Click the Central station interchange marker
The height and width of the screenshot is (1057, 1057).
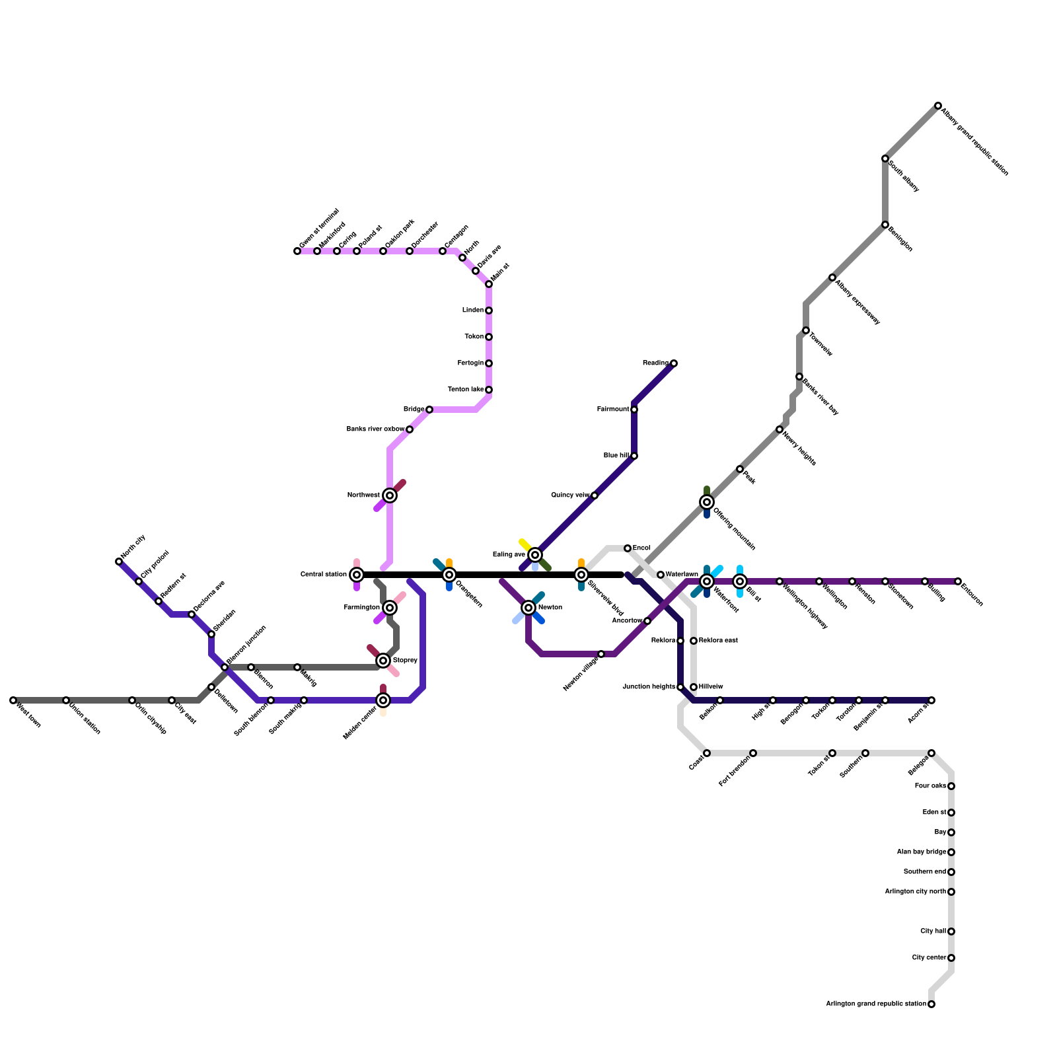[x=357, y=575]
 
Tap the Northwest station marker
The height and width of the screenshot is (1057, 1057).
[x=390, y=495]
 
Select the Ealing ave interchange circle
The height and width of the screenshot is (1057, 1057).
[x=535, y=555]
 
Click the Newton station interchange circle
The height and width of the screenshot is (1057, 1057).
[x=528, y=608]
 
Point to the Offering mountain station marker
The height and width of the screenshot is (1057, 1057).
[x=707, y=502]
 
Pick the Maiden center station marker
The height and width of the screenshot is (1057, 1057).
[x=383, y=700]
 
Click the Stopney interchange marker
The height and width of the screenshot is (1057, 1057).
[x=383, y=661]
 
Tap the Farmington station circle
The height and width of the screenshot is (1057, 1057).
[x=390, y=608]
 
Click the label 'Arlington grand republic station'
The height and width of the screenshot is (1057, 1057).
[x=876, y=1004]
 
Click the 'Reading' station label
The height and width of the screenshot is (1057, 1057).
[x=655, y=363]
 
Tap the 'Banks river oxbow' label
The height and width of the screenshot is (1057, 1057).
[x=375, y=429]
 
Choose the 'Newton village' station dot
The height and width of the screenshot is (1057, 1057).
[x=601, y=654]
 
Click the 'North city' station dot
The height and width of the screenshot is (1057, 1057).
[x=119, y=562]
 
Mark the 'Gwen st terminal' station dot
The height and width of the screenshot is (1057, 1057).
[x=297, y=251]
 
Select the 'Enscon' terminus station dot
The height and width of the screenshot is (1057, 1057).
[x=958, y=581]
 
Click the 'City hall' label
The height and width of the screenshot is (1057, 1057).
[x=933, y=931]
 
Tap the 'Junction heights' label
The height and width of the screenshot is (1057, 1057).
[x=649, y=687]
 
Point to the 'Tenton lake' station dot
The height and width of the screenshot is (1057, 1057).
[x=489, y=390]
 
